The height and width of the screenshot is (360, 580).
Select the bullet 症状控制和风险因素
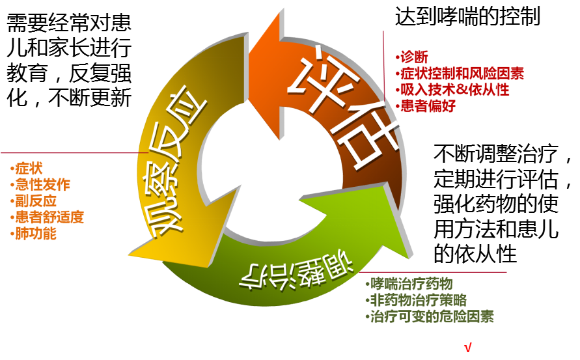tap(461, 73)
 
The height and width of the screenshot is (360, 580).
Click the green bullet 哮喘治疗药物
tap(409, 284)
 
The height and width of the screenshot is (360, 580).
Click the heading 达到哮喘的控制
tap(467, 16)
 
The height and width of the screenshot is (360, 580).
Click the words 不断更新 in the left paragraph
tap(98, 97)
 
